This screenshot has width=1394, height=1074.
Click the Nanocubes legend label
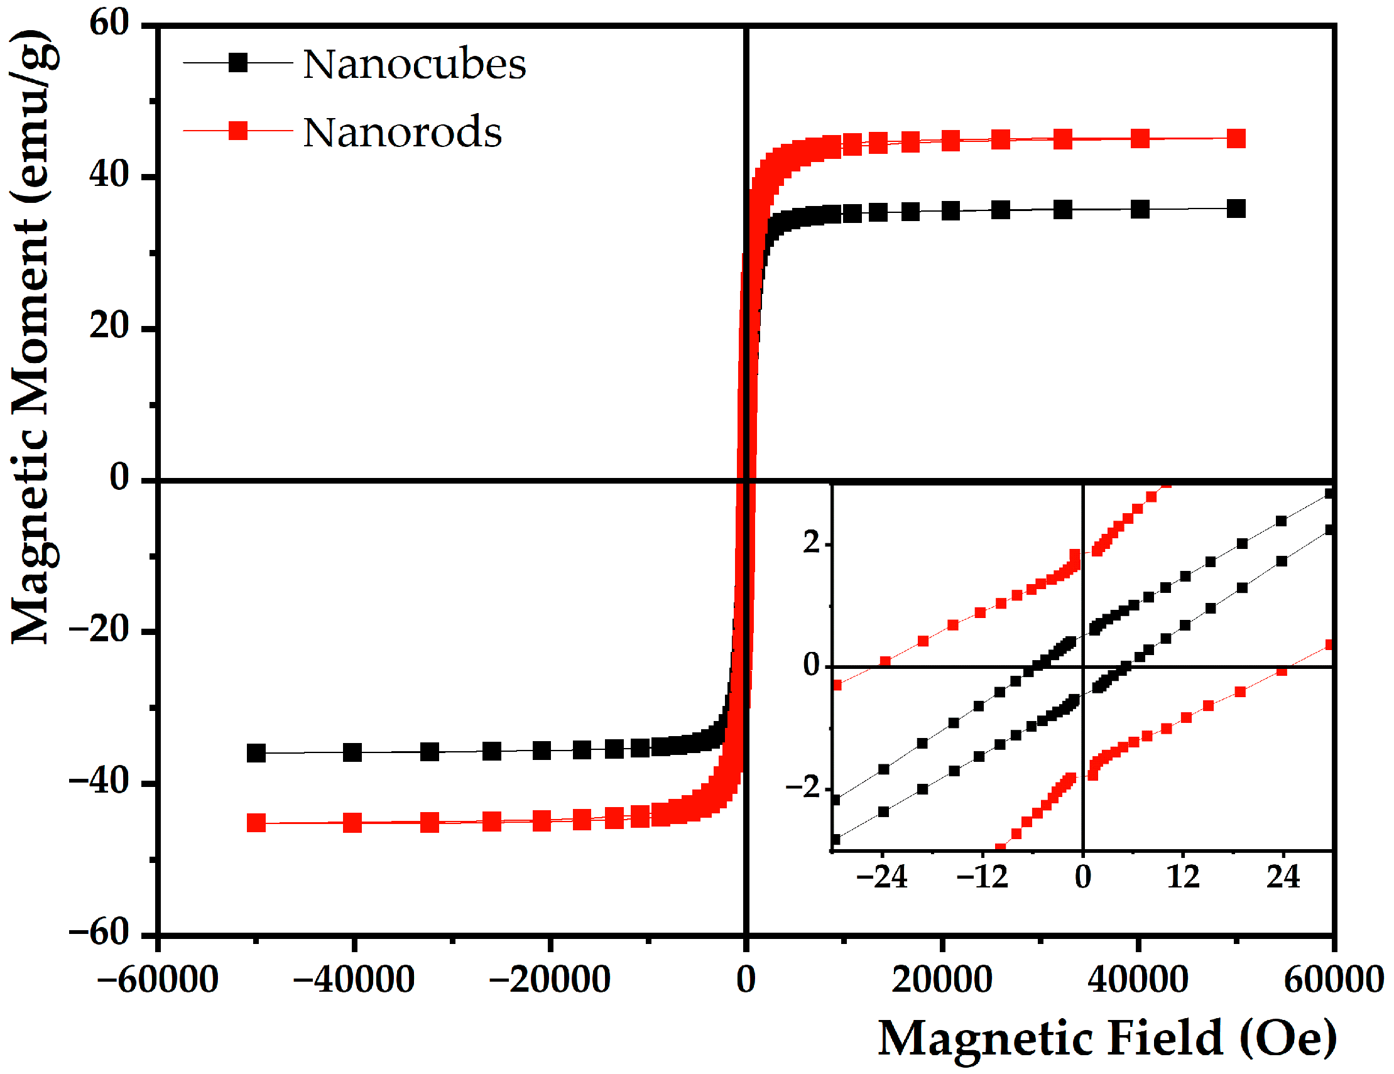(x=413, y=65)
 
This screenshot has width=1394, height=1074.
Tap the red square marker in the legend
(x=238, y=131)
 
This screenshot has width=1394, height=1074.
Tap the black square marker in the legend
(x=238, y=63)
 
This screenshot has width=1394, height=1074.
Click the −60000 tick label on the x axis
(x=158, y=979)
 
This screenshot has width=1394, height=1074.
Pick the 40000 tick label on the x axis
(x=1138, y=979)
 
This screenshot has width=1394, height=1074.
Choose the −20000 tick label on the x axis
(x=550, y=979)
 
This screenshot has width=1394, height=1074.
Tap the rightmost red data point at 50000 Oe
(x=1236, y=138)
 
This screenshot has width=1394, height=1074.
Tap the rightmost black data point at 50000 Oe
(x=1236, y=209)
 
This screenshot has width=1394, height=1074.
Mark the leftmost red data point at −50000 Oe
(x=256, y=823)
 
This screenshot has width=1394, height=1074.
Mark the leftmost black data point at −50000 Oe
(x=256, y=753)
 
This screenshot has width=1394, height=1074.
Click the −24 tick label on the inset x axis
(x=881, y=877)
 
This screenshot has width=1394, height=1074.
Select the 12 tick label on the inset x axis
(x=1183, y=877)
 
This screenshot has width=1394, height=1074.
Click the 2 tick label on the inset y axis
(x=811, y=543)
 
